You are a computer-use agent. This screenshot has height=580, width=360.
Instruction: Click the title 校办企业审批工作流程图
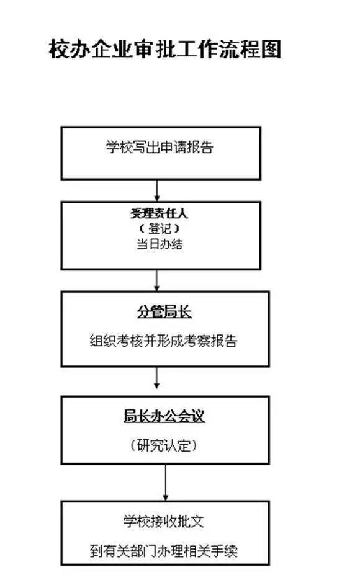pyautogui.click(x=165, y=49)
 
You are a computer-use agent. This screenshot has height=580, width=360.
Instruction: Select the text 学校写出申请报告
pyautogui.click(x=160, y=147)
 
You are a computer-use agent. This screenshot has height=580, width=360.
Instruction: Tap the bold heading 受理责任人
pyautogui.click(x=159, y=213)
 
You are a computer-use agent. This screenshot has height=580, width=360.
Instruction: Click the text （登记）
pyautogui.click(x=160, y=229)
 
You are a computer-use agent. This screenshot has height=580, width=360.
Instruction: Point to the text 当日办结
pyautogui.click(x=160, y=244)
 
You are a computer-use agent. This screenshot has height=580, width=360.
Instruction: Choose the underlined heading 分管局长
pyautogui.click(x=164, y=312)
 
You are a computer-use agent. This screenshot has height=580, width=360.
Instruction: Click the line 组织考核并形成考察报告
pyautogui.click(x=163, y=341)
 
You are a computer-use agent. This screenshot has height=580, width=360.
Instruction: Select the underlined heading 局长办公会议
pyautogui.click(x=164, y=416)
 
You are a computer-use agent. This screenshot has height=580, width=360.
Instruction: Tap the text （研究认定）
pyautogui.click(x=163, y=445)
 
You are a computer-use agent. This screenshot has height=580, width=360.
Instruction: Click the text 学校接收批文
pyautogui.click(x=163, y=522)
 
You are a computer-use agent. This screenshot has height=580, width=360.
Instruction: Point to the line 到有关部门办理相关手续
pyautogui.click(x=163, y=551)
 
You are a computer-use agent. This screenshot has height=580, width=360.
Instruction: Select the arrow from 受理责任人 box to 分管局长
pyautogui.click(x=156, y=280)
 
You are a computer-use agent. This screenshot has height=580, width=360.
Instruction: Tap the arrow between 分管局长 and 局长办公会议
pyautogui.click(x=156, y=378)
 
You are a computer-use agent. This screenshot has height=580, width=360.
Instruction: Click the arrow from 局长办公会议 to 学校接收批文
pyautogui.click(x=165, y=483)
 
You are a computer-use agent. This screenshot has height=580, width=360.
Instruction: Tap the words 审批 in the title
pyautogui.click(x=155, y=49)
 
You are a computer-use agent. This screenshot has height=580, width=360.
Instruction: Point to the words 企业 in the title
pyautogui.click(x=112, y=49)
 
